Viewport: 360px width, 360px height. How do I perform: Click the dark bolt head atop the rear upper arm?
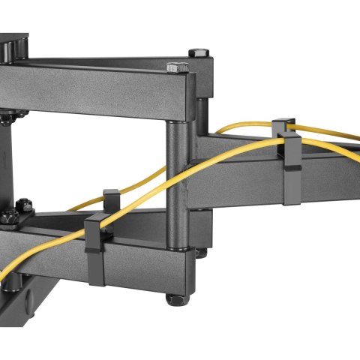(198, 53)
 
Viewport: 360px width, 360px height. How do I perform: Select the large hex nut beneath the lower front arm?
(176, 298)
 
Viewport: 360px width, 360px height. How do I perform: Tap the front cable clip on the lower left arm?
(97, 251)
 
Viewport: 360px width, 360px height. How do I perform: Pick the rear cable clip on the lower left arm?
(112, 199)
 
